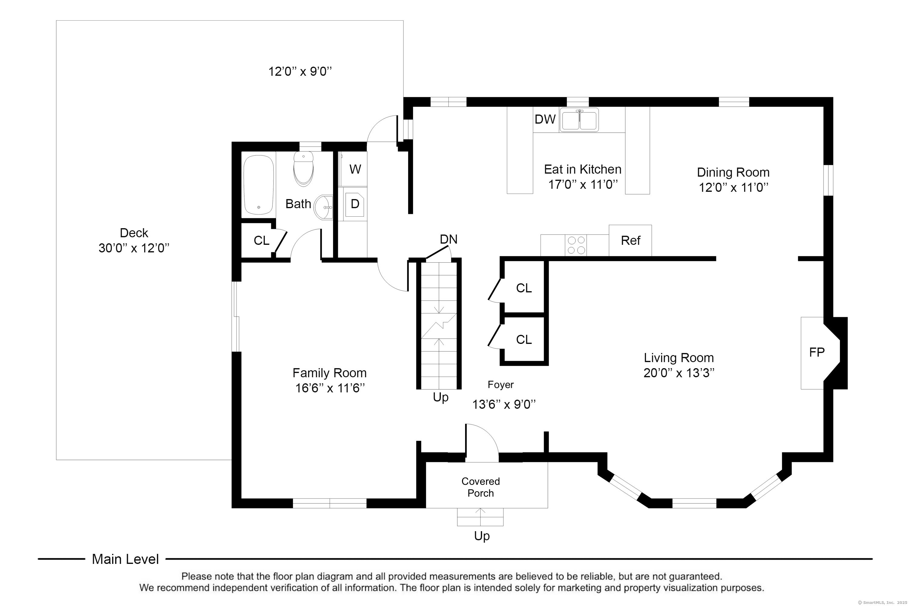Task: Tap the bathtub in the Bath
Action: pyautogui.click(x=258, y=185)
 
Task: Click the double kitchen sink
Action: pyautogui.click(x=579, y=120)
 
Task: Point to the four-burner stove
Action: pyautogui.click(x=576, y=245)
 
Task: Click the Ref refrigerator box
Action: pyautogui.click(x=630, y=240)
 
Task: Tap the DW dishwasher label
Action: pyautogui.click(x=545, y=119)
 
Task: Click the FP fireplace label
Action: pyautogui.click(x=817, y=352)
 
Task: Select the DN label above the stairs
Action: pyautogui.click(x=448, y=239)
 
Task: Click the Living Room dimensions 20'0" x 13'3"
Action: pyautogui.click(x=679, y=373)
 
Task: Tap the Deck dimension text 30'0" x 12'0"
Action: pyautogui.click(x=134, y=248)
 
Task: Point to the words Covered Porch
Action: pyautogui.click(x=480, y=487)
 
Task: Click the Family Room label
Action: pyautogui.click(x=329, y=373)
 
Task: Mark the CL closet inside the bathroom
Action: pyautogui.click(x=261, y=240)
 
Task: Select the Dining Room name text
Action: pyautogui.click(x=733, y=172)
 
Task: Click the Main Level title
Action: pyautogui.click(x=125, y=559)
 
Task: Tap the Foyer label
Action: pyautogui.click(x=501, y=385)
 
